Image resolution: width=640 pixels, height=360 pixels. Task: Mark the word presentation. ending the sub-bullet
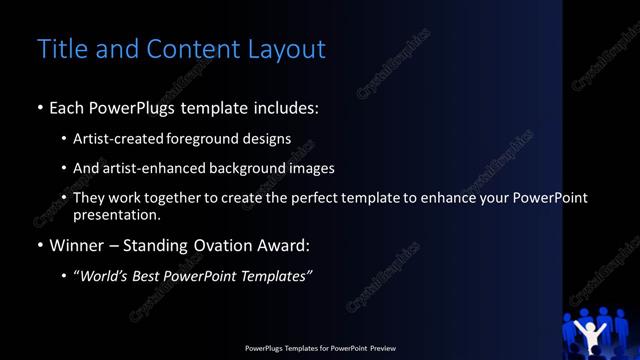coord(116,214)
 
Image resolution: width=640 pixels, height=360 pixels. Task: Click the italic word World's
coord(106,276)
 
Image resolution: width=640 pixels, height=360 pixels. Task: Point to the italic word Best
coord(150,276)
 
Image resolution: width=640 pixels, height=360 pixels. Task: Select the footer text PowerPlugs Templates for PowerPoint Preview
coord(320,348)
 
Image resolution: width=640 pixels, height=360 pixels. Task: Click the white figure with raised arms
coord(600,334)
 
